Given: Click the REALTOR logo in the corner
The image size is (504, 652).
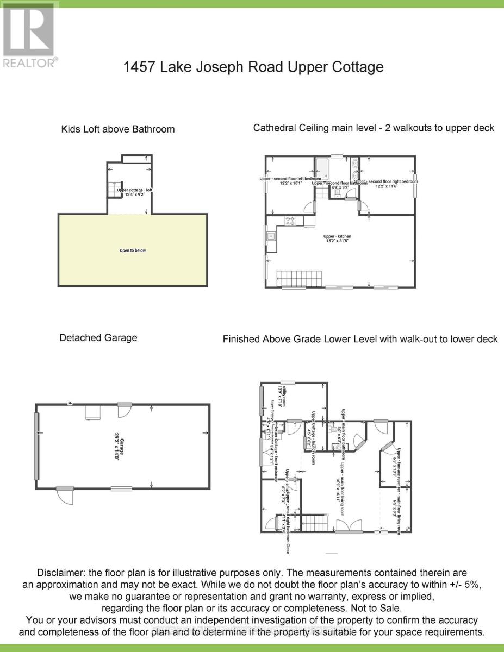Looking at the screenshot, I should click(x=28, y=36).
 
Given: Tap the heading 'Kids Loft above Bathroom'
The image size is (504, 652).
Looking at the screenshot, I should click(x=118, y=129).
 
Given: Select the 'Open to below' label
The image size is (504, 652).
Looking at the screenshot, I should click(x=133, y=250).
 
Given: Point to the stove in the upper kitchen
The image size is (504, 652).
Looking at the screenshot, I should click(x=290, y=221).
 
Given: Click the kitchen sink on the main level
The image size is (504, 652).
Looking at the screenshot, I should click(x=271, y=236).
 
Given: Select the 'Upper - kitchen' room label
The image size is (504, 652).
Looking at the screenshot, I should click(x=337, y=236).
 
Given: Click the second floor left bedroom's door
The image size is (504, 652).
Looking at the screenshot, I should click(x=310, y=207).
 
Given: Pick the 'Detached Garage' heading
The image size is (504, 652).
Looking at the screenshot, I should click(x=98, y=338).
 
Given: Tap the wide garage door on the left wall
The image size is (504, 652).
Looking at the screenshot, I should click(x=36, y=446).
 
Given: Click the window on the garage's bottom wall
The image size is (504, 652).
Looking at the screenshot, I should click(x=121, y=488).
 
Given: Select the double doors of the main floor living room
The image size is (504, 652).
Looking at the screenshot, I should click(x=349, y=526).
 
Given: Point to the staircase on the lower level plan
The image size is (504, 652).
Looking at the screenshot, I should click(x=312, y=524).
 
